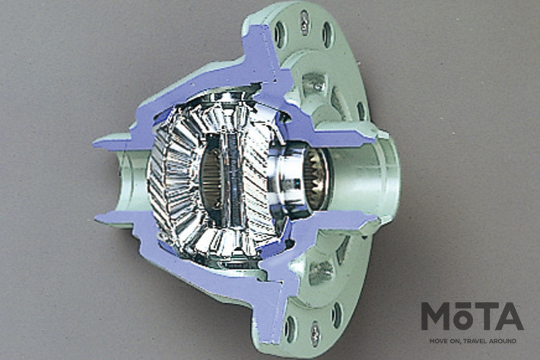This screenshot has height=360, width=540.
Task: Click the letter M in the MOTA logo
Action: pyautogui.click(x=434, y=317)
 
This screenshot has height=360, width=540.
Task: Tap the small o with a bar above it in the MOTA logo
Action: pyautogui.click(x=461, y=318)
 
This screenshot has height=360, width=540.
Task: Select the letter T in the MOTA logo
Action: pyautogui.click(x=484, y=317)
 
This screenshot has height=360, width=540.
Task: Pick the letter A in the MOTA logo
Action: pyautogui.click(x=510, y=317)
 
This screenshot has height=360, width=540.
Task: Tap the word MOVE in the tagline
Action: pyautogui.click(x=437, y=341)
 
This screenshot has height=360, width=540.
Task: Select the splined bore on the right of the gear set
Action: pyautogui.click(x=316, y=179)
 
